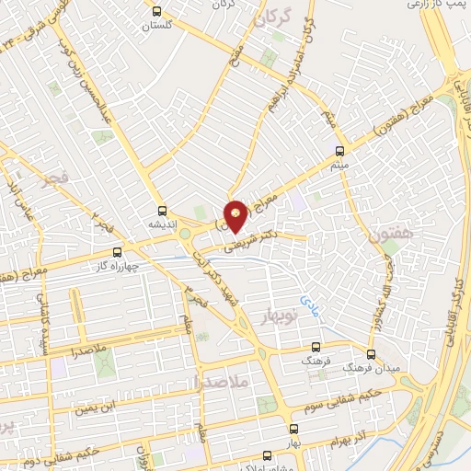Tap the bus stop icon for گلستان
coord(157,12)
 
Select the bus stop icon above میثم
coord(339,151)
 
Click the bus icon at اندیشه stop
coord(163,210)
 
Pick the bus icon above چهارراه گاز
coord(117,251)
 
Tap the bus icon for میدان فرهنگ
coord(372,353)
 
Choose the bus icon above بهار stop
coord(293,429)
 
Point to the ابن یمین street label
coord(98,402)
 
